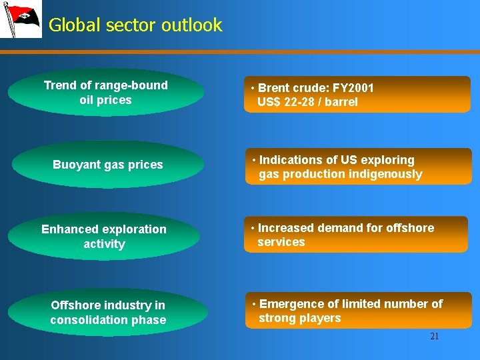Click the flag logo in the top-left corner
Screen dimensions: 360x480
pos(21,19)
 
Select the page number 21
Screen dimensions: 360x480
pos(434,337)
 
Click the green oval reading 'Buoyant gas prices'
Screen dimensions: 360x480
pos(107,165)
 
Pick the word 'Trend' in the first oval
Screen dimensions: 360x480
pos(58,85)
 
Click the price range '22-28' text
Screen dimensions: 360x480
pos(303,102)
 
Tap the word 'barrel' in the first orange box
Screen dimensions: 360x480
pos(341,102)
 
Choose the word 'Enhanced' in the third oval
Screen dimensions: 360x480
pos(67,229)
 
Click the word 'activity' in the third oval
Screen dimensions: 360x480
pos(104,244)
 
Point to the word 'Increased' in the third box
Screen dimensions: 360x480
pos(285,228)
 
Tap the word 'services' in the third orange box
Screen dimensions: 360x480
pos(281,242)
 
